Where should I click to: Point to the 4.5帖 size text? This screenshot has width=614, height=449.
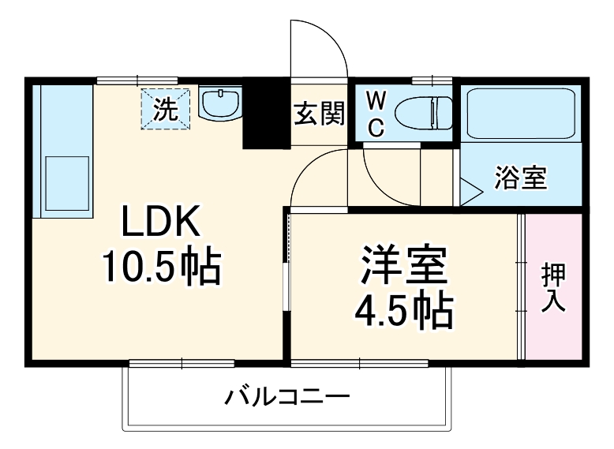tap(403, 312)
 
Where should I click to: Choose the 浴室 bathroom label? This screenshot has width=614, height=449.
tap(520, 178)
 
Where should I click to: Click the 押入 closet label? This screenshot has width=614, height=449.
tap(553, 288)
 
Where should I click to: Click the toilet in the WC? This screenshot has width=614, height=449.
tap(423, 113)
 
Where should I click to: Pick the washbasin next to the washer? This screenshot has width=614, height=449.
tap(220, 103)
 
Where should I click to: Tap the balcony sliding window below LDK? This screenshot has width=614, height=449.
tap(182, 363)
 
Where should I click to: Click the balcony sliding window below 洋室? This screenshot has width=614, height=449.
tap(359, 363)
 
